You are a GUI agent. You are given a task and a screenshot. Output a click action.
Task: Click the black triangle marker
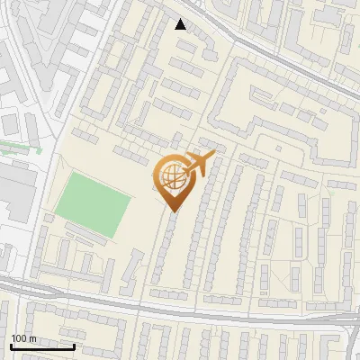[x=181, y=24]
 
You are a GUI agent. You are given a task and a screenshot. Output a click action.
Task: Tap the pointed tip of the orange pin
[x=172, y=211]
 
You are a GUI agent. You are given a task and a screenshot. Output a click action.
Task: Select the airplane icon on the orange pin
[x=198, y=165]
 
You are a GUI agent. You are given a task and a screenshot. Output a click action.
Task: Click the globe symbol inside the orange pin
[x=171, y=178]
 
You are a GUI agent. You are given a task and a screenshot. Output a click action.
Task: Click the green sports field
[x=94, y=206]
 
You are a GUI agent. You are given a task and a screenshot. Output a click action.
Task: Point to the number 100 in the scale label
[x=20, y=338]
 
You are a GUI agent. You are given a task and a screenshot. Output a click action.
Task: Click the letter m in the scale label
[x=33, y=338]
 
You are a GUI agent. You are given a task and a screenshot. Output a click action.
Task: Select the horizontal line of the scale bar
[x=42, y=346]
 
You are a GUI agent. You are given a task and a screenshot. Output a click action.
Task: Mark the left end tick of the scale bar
[x=11, y=345]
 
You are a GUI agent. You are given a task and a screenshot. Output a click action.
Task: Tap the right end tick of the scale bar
[x=74, y=345]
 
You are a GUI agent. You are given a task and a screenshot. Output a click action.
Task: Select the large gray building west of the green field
[x=16, y=193]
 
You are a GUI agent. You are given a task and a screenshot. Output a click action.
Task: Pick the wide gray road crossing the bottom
[x=180, y=307]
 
